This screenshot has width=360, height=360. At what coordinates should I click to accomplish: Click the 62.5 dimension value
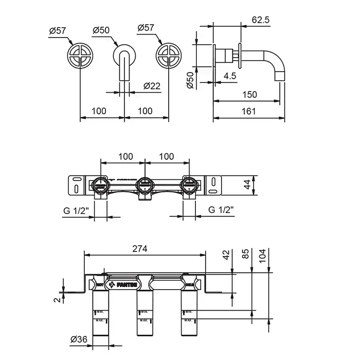[262, 20]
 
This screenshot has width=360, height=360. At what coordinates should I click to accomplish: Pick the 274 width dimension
[139, 248]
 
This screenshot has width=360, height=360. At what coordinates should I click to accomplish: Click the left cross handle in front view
[81, 56]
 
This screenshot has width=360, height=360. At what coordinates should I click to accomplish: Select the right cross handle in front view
[169, 56]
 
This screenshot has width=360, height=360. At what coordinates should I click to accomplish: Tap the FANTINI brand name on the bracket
[127, 283]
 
